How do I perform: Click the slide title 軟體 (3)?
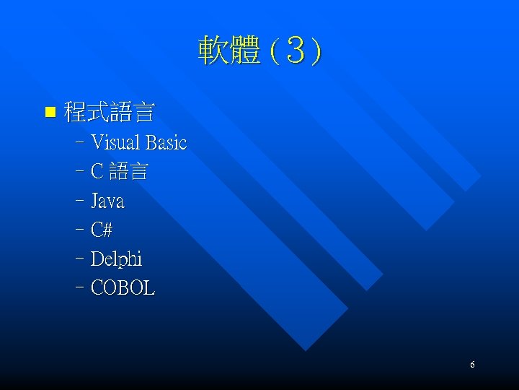tap(260, 51)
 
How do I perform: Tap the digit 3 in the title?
tap(295, 52)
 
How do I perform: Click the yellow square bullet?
tap(50, 112)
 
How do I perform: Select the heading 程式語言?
tap(109, 112)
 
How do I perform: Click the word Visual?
tap(115, 142)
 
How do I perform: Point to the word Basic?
tap(166, 142)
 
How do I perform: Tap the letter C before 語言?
tap(97, 172)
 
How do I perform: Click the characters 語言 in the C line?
tap(130, 172)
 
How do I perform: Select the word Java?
tap(107, 201)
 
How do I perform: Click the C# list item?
tap(102, 230)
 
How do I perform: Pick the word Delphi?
tap(116, 259)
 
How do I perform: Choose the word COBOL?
tap(123, 288)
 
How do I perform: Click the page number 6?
tap(472, 365)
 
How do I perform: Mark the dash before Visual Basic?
tap(79, 142)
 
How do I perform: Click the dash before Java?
tap(79, 201)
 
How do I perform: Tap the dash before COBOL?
tap(79, 288)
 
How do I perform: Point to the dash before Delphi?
tap(79, 259)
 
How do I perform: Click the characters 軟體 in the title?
tap(230, 51)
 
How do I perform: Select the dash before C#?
tap(79, 230)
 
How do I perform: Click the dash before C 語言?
tap(79, 172)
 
